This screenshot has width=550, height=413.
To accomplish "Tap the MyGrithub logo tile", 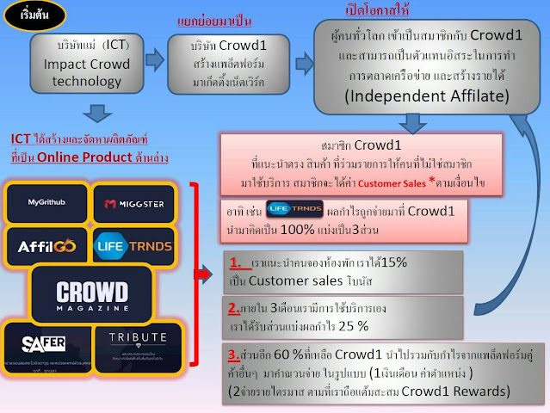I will [x=46, y=203].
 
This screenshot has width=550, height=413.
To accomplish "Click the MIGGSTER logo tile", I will [x=133, y=203].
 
